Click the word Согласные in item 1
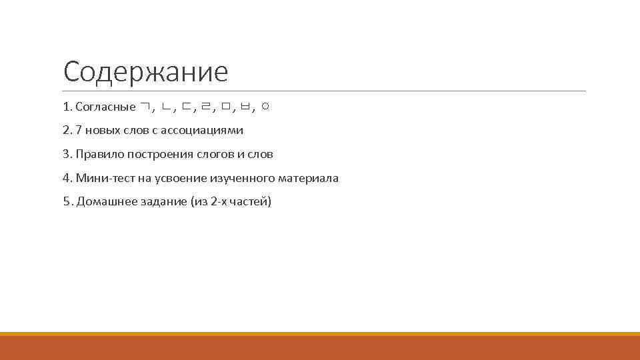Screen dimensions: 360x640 pyautogui.click(x=105, y=107)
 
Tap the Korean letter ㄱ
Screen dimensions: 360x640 pyautogui.click(x=146, y=107)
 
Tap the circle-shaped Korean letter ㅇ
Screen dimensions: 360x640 pyautogui.click(x=265, y=107)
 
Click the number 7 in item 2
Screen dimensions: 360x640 pyautogui.click(x=79, y=130)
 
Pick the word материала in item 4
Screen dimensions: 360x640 pyautogui.click(x=311, y=178)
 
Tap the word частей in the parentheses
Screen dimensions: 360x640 pyautogui.click(x=251, y=202)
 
